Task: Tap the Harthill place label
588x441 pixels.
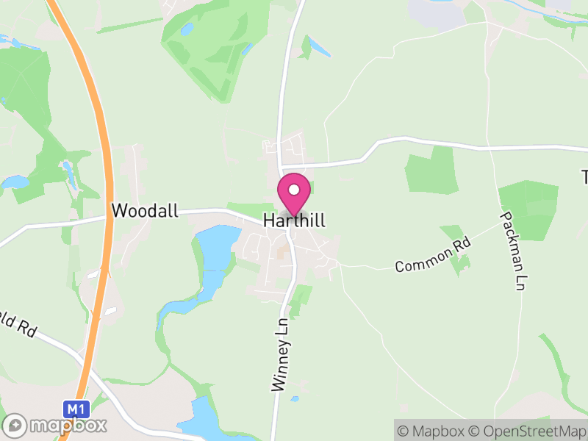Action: coord(294,220)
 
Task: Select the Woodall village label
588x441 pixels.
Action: coord(145,211)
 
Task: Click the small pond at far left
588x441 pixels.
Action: coord(15,182)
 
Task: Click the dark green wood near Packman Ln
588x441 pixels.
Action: coord(528,209)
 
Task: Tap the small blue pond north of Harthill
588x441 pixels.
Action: coord(320,47)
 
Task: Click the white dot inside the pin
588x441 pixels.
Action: coord(294,190)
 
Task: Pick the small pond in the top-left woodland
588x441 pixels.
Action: coord(187,29)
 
